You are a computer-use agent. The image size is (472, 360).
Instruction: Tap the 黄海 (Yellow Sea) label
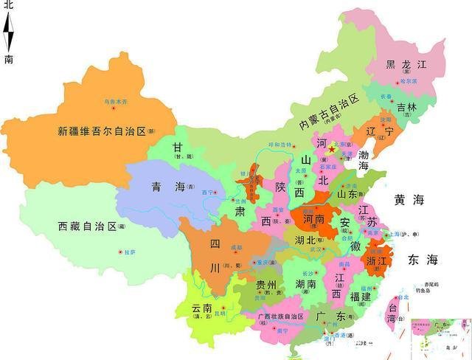[409, 200]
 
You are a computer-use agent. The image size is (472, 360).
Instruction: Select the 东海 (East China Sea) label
[422, 260]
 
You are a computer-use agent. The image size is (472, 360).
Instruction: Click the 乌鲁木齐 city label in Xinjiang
[114, 100]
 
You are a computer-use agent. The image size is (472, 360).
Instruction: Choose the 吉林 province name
[407, 107]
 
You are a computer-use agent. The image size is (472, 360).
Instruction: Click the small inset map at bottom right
[441, 338]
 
